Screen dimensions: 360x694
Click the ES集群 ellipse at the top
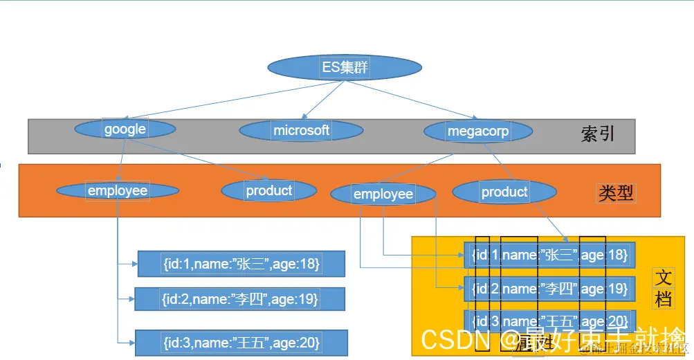click(345, 67)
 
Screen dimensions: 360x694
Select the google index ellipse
click(125, 129)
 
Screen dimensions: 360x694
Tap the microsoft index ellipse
click(301, 130)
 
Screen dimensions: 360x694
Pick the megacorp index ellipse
click(478, 131)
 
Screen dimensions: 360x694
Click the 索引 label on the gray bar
click(597, 134)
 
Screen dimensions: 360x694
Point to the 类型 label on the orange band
click(614, 193)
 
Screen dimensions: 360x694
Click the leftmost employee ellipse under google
click(117, 190)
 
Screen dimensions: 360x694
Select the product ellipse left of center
click(269, 190)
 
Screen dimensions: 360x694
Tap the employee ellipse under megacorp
click(383, 195)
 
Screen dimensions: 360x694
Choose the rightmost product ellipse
click(504, 192)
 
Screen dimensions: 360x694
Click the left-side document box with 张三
click(241, 264)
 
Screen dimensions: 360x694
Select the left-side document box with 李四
click(239, 299)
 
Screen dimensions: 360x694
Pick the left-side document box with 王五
click(241, 343)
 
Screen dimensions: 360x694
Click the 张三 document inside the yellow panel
click(549, 255)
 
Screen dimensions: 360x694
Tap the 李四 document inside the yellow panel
click(549, 288)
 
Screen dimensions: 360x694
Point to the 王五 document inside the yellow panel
click(549, 321)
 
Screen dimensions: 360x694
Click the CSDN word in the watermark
click(453, 340)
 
